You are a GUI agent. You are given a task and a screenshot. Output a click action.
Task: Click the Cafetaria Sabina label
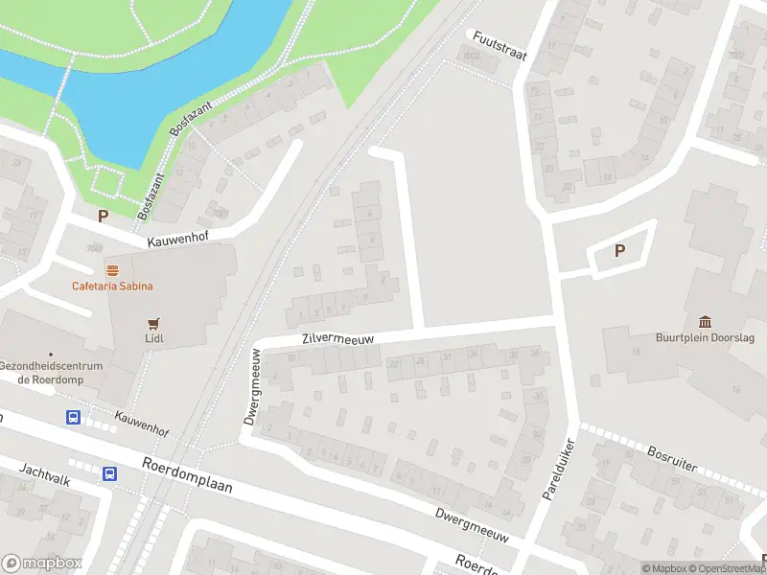point(112,286)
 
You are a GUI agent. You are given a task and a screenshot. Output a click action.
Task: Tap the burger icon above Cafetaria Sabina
point(112,270)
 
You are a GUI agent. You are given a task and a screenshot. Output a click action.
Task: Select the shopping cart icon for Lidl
point(151,324)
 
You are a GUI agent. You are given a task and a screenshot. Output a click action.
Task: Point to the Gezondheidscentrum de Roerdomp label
point(44,372)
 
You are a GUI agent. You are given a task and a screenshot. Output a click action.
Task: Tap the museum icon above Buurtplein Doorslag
point(706,321)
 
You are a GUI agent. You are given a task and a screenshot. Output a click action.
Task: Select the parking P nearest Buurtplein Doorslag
point(619,251)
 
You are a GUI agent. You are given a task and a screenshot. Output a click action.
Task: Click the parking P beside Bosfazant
point(103,217)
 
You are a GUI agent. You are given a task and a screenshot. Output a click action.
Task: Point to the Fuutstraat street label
point(499,44)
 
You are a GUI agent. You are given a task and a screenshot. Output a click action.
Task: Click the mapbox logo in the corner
point(41,563)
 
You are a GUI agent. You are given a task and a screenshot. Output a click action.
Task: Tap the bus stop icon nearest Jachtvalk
point(110,473)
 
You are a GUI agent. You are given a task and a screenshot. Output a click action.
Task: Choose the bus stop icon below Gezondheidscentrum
point(73,417)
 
